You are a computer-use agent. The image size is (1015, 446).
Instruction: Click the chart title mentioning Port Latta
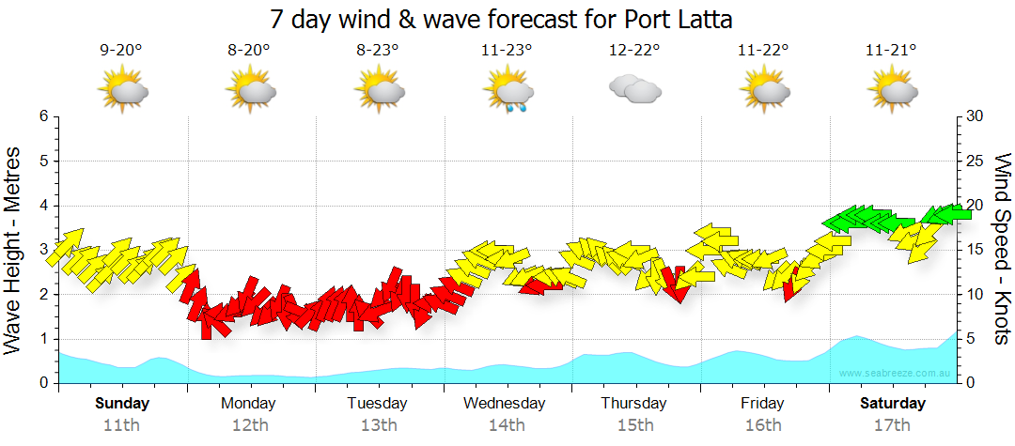(x=501, y=19)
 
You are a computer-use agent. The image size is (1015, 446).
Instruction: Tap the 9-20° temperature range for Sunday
(x=121, y=51)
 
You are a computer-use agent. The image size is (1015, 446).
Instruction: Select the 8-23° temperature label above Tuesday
(x=378, y=51)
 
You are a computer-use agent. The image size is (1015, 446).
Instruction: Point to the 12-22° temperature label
(x=634, y=51)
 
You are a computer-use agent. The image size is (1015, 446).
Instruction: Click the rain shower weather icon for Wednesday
(x=507, y=93)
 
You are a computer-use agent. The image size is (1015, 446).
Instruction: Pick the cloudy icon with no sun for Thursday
(x=634, y=89)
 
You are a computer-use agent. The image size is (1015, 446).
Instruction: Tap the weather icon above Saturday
(x=891, y=91)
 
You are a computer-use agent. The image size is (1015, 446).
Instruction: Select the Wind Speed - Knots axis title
(x=1000, y=250)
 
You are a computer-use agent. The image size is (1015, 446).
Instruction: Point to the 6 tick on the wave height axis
(x=43, y=116)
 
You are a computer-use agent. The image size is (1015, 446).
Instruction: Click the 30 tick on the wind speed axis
(x=976, y=116)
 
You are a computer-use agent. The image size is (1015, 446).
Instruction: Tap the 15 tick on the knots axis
(x=975, y=250)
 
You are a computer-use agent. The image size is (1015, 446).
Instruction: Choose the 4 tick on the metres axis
(x=43, y=206)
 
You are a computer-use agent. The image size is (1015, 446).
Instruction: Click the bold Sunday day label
(x=122, y=404)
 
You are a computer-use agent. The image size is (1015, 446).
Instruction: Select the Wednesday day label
(x=505, y=404)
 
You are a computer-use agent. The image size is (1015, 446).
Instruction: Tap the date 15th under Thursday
(x=634, y=424)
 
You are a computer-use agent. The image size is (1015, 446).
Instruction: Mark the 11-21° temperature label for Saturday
(x=891, y=51)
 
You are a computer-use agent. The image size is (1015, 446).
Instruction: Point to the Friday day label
(x=762, y=404)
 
